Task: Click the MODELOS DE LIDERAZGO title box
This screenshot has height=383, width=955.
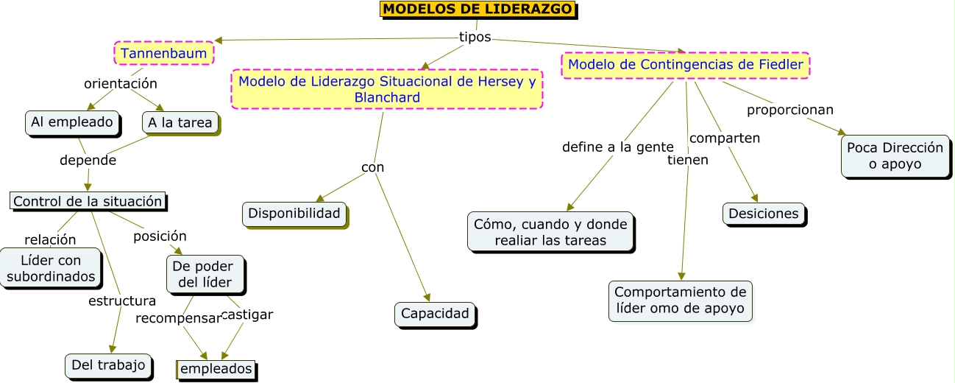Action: point(478,10)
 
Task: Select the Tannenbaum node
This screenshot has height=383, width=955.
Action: point(164,53)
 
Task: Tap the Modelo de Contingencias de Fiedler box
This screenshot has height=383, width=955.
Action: point(686,65)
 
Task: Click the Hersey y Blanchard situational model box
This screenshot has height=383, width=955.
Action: point(387,89)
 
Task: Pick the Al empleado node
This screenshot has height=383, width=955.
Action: point(72,122)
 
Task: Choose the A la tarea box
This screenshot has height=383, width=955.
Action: point(180,123)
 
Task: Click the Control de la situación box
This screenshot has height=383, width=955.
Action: point(88,201)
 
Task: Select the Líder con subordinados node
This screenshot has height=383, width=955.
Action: point(51,269)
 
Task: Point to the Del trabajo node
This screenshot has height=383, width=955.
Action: point(108,365)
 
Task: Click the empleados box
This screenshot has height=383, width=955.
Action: point(216,369)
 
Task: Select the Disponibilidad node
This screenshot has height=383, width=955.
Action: point(294,214)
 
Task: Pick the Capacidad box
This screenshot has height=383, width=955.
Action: point(435,314)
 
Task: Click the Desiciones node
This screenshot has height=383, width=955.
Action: point(763,214)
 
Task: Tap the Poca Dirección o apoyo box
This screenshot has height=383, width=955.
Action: point(894,155)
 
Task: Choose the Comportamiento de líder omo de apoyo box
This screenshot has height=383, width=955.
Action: point(681,301)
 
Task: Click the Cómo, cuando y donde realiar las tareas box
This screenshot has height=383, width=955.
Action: point(550,231)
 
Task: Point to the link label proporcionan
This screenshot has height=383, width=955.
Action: point(790,110)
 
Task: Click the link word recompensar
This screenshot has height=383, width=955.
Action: point(178,318)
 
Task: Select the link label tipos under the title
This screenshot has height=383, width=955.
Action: point(475,37)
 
